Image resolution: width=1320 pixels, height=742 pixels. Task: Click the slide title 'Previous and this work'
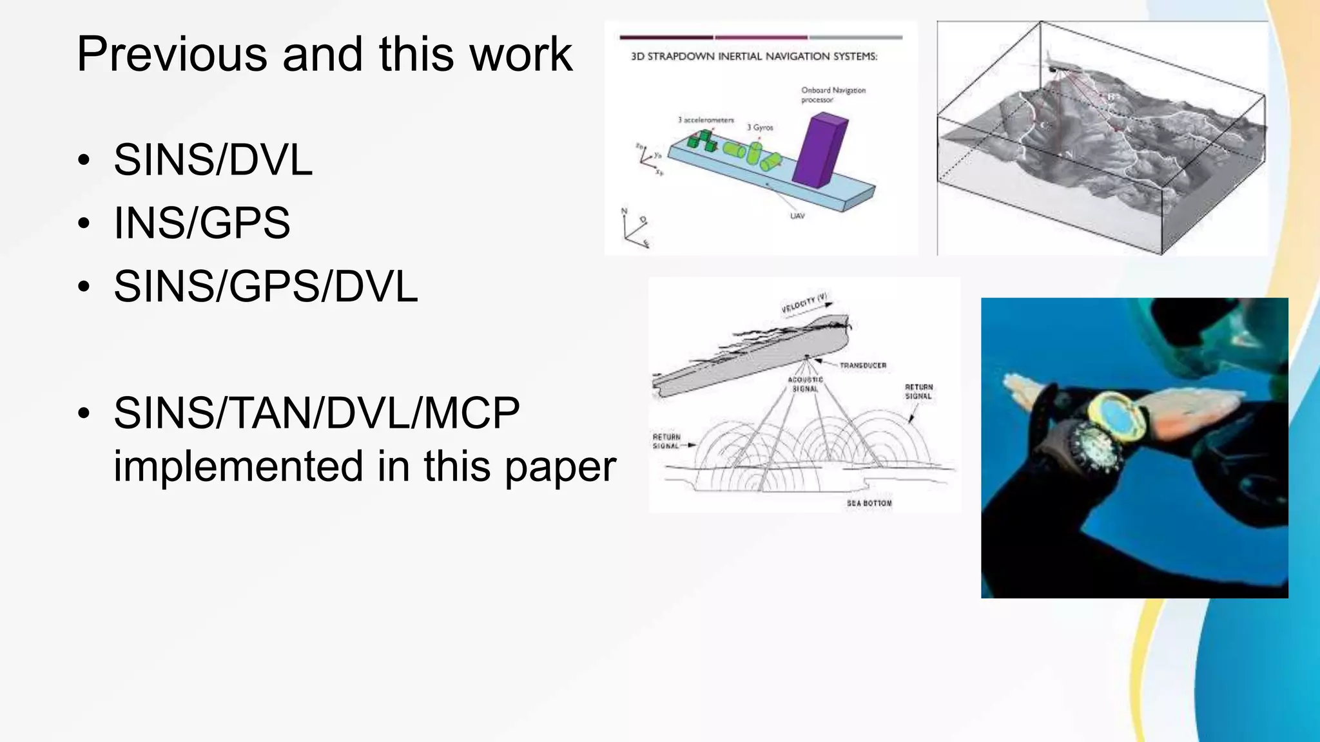[x=324, y=54]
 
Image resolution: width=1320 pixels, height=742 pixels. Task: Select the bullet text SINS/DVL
[x=213, y=160]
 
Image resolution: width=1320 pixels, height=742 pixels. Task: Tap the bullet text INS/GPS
[x=202, y=223]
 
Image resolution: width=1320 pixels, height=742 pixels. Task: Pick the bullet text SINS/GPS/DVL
[x=266, y=286]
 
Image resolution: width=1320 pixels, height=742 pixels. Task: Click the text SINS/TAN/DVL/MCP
[x=316, y=413]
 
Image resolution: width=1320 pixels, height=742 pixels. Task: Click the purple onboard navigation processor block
[x=819, y=149]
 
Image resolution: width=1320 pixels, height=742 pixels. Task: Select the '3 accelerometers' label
[x=706, y=120]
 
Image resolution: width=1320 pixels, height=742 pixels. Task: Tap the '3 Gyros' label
[x=760, y=128]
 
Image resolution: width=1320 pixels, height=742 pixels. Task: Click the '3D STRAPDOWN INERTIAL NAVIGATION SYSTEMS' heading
[x=754, y=57]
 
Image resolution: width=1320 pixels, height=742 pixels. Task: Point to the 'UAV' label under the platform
[x=797, y=216]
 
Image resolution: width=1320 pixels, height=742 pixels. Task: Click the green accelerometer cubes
[x=701, y=140]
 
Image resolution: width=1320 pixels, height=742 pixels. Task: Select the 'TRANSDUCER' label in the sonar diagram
[x=862, y=365]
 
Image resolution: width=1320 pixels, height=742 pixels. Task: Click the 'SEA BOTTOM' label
[x=869, y=503]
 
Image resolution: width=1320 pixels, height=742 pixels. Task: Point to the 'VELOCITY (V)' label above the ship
[x=804, y=303]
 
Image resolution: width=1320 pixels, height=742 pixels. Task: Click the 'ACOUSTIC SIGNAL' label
[x=805, y=385]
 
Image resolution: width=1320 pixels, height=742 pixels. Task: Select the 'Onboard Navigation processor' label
[x=833, y=95]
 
